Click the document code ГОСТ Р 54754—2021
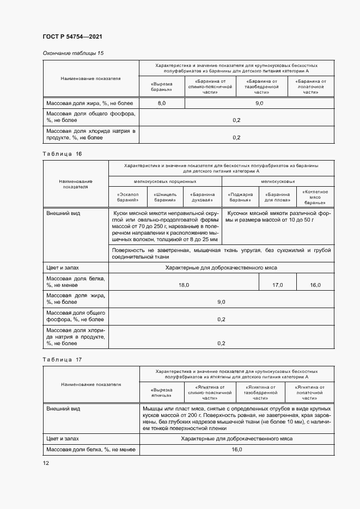tap(72, 36)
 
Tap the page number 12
tap(46, 463)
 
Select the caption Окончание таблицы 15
tap(73, 53)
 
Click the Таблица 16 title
tap(62, 155)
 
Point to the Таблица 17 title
tap(62, 360)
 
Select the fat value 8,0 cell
tap(162, 103)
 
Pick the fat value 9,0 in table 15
tap(259, 103)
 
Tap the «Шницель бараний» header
tap(165, 197)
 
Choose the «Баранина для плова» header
tap(278, 197)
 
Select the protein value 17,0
tap(278, 285)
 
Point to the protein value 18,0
tap(184, 285)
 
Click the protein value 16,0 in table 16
tap(315, 285)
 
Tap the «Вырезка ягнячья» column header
tap(162, 392)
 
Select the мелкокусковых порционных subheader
tap(165, 181)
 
